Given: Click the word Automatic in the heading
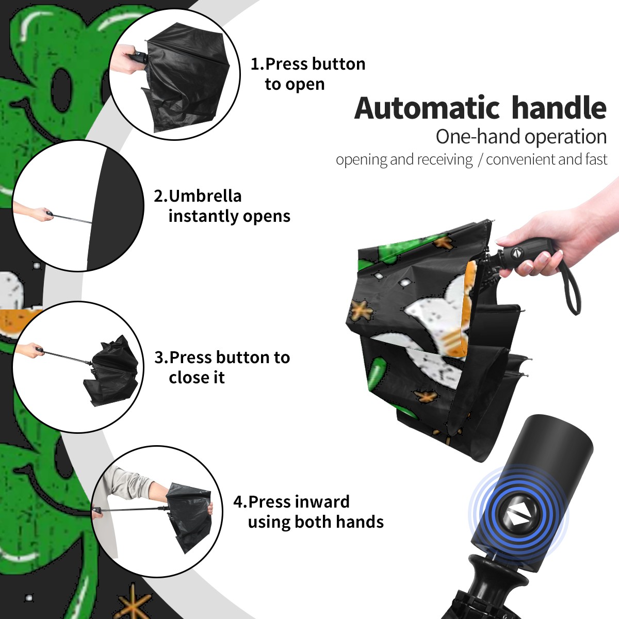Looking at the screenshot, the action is coord(427,108).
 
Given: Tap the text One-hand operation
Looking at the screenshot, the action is coord(521,137).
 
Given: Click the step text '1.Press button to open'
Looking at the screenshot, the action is coord(308,74).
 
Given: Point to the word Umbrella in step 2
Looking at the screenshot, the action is coord(205,196).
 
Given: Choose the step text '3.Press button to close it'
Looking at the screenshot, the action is coord(222,367).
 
